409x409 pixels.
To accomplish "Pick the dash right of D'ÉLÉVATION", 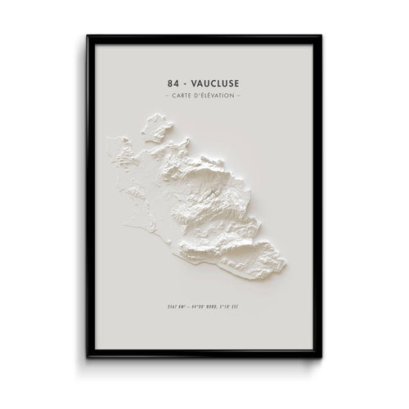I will [x=240, y=97].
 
